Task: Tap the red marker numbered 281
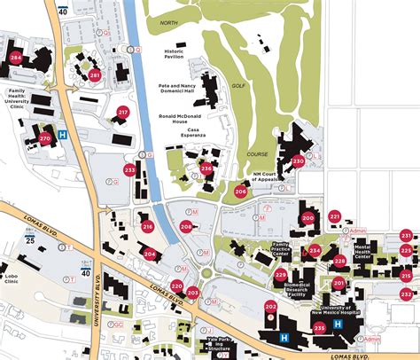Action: [x=95, y=76]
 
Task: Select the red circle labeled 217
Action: [x=123, y=113]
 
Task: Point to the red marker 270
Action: [x=45, y=139]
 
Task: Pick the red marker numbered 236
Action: [x=206, y=168]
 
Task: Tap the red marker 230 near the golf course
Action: [x=298, y=161]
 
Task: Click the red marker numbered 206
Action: [x=241, y=192]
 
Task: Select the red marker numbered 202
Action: [x=270, y=307]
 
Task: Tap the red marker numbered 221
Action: [x=334, y=216]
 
